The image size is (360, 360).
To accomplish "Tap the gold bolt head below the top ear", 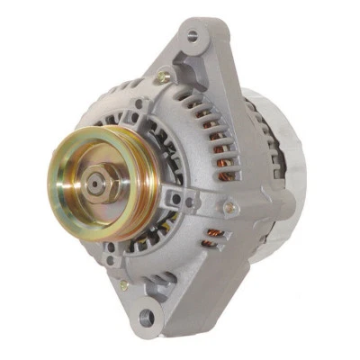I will (x=162, y=78).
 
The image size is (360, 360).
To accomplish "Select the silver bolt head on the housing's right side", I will (x=229, y=208).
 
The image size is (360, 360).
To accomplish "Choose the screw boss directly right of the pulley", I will (x=176, y=197).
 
